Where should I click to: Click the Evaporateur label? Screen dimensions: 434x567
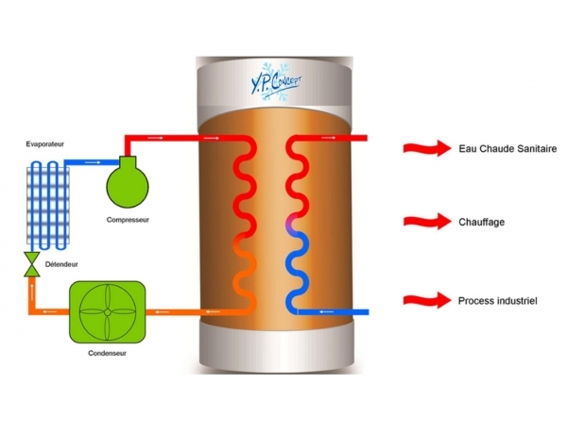click(49, 147)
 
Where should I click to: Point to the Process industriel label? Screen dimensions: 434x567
click(498, 300)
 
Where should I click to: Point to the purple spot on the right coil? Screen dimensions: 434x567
click(293, 225)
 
